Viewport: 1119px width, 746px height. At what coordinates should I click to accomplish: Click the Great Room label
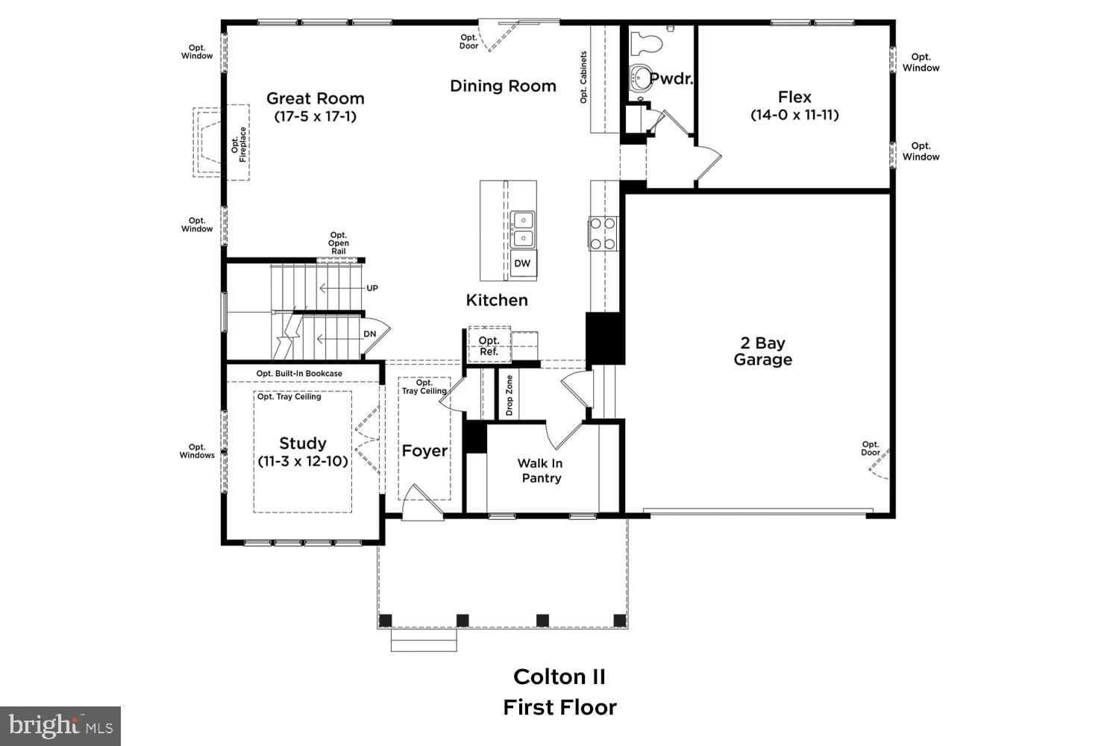[315, 98]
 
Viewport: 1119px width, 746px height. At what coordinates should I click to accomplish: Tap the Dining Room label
[503, 86]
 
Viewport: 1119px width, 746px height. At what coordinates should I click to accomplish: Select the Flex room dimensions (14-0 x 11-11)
[794, 115]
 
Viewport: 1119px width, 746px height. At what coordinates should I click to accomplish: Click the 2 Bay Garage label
[762, 351]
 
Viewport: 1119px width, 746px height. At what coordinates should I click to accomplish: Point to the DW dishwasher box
[523, 263]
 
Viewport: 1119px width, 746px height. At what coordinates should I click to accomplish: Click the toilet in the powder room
[646, 43]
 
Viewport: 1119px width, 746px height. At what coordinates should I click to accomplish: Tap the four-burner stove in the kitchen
[603, 233]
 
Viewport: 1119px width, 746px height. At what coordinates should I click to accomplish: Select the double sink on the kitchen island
[523, 229]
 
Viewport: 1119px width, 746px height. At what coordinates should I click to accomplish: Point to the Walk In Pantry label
[541, 471]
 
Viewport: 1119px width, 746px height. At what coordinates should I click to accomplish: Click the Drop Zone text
[510, 395]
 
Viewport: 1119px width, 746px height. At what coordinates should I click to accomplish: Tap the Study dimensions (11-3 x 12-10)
[303, 461]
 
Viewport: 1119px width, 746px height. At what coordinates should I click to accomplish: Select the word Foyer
[424, 451]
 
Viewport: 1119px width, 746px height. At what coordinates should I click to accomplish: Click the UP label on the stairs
[372, 288]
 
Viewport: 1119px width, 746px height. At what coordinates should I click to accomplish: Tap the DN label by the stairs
[370, 333]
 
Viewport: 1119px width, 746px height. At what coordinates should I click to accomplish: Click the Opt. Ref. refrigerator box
[489, 345]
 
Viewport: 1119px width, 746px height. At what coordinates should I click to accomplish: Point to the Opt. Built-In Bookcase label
[299, 374]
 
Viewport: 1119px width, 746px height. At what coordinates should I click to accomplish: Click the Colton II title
[559, 677]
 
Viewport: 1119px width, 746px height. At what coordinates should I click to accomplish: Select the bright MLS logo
[60, 726]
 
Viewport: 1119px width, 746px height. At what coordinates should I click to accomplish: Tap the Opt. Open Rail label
[339, 243]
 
